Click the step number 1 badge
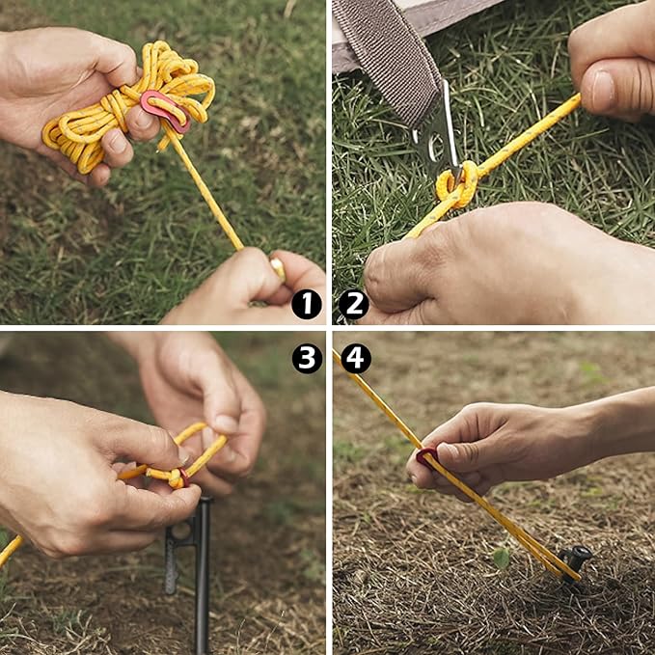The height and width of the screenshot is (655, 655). (x=307, y=305)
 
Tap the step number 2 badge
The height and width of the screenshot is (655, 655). (x=353, y=305)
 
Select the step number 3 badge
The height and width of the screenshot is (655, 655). (x=307, y=359)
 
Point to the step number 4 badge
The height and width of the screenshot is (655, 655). (x=355, y=359)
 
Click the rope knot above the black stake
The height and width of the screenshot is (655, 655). (x=177, y=477)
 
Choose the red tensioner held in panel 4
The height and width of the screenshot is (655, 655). (x=425, y=454)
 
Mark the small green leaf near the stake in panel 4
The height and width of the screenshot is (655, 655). (x=501, y=557)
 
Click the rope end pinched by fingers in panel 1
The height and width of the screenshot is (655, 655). (x=276, y=267)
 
